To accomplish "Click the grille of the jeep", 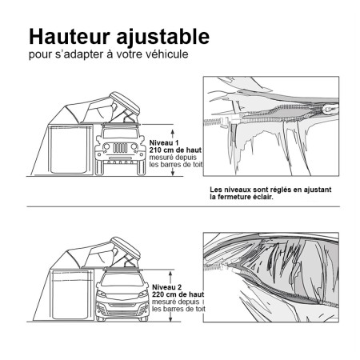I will coord(112,150).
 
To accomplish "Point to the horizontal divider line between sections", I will coord(180,206).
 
